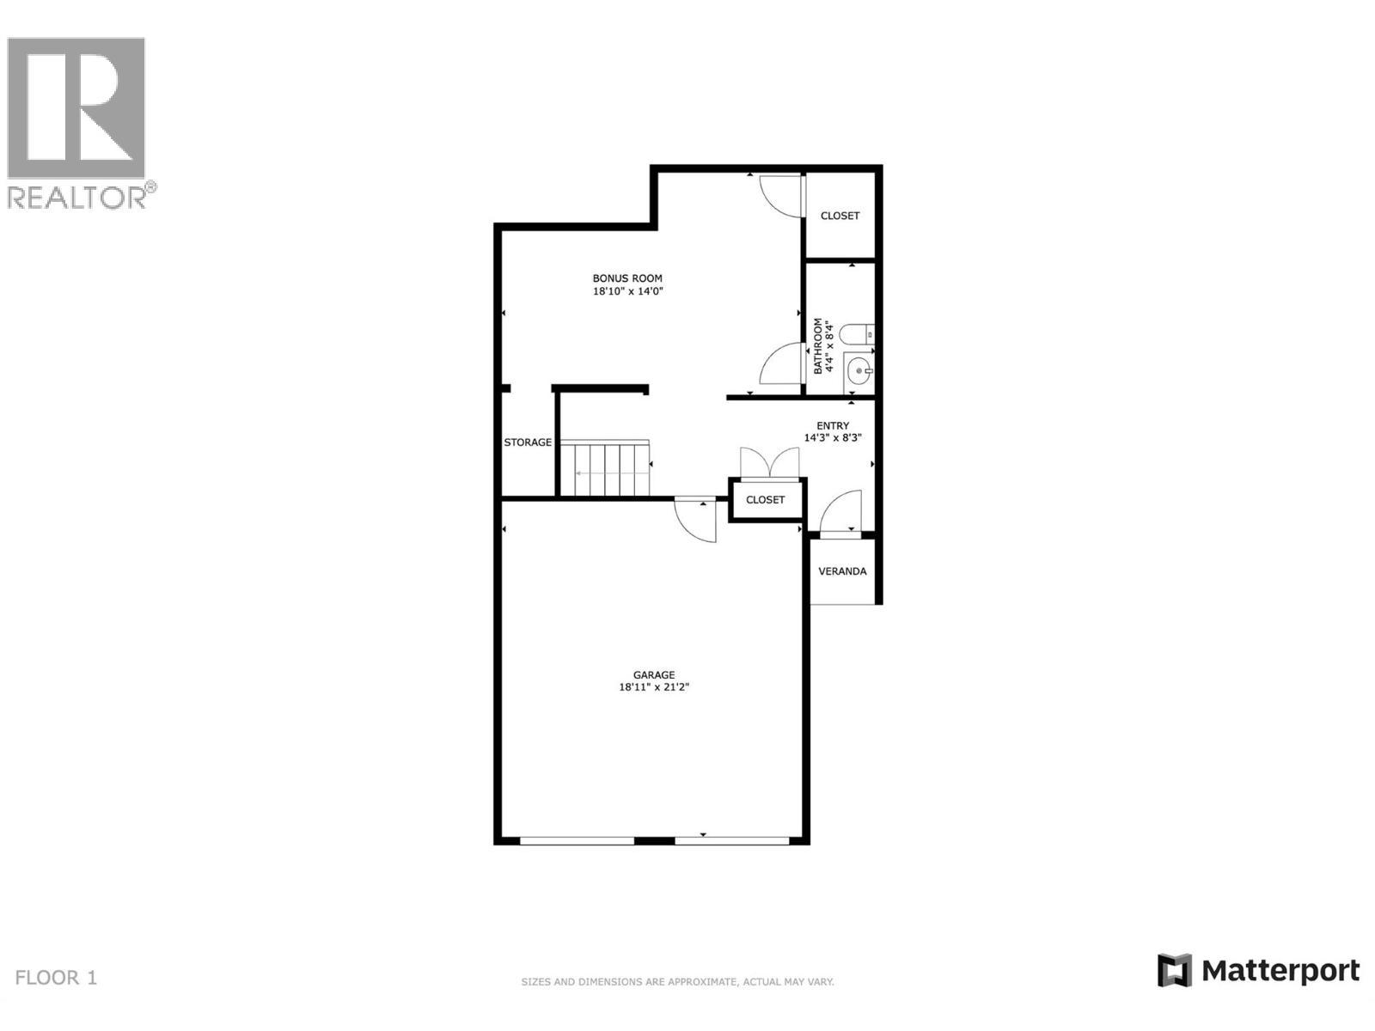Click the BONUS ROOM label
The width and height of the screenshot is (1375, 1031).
click(627, 278)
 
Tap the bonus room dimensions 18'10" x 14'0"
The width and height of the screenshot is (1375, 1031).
click(627, 291)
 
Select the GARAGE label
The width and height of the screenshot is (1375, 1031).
click(654, 674)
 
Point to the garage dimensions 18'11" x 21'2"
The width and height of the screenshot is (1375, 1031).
click(654, 687)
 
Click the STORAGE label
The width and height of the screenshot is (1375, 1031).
click(528, 442)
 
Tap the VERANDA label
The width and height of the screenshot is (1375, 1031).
click(842, 571)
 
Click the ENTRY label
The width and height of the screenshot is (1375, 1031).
click(833, 425)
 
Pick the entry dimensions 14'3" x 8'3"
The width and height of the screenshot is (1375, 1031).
click(833, 437)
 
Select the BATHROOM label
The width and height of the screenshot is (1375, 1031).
click(818, 346)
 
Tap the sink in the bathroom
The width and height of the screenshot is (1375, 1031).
click(859, 372)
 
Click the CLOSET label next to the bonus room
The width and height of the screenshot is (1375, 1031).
click(840, 216)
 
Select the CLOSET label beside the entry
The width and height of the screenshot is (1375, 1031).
click(765, 500)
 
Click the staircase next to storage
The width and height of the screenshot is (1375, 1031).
click(605, 469)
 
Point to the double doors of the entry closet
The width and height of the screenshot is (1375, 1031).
click(769, 463)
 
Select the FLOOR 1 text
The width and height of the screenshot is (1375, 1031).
click(57, 977)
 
